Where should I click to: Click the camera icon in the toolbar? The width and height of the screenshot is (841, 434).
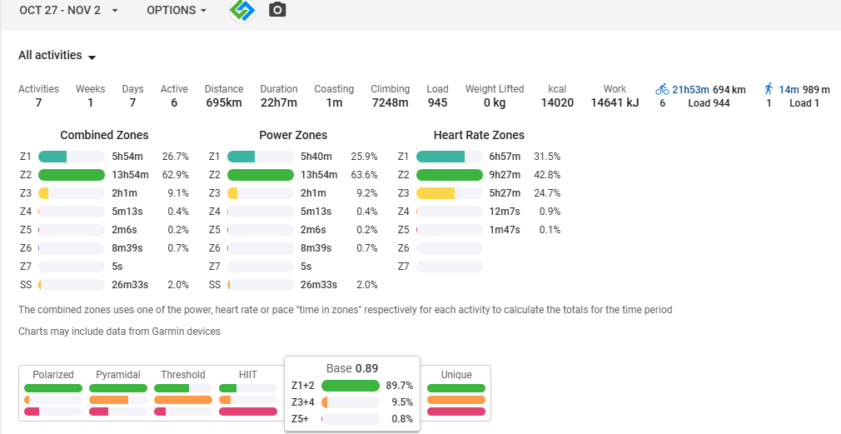277,10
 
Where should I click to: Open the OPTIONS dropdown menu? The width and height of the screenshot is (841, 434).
177,10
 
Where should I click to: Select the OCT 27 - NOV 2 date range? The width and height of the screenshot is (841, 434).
68,10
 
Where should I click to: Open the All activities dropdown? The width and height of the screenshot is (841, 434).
57,56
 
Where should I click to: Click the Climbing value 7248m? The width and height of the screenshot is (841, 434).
390,103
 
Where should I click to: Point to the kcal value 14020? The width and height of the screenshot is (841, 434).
557,103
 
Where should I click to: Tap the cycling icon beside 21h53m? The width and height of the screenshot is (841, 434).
663,89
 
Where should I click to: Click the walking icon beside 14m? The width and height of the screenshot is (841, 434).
769,89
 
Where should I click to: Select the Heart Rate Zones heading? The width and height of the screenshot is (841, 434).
479,135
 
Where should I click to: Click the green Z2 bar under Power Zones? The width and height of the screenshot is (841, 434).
260,175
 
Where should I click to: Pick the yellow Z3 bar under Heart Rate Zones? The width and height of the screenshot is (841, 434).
435,193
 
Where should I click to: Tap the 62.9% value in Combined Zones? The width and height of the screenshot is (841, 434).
176,175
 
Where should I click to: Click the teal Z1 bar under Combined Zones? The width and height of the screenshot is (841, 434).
52,157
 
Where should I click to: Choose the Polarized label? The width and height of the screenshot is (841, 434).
53,375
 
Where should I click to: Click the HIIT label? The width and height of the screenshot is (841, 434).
248,375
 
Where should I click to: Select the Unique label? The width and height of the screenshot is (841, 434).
456,375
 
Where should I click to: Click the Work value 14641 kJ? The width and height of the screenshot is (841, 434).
615,103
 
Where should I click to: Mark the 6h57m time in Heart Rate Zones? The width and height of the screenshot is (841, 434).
505,157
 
